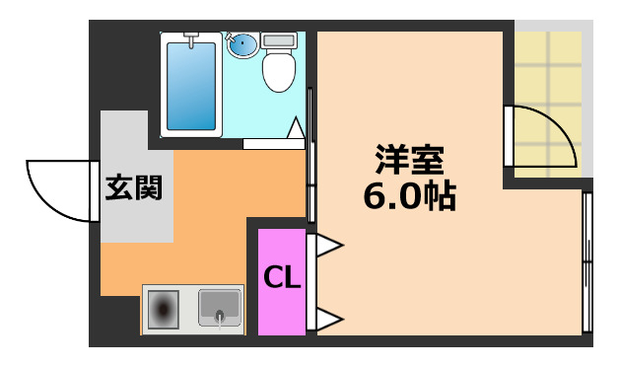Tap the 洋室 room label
[x=408, y=159]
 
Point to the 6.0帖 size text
[x=408, y=195]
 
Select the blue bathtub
[x=193, y=83]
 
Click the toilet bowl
[x=277, y=72]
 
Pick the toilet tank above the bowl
[x=279, y=41]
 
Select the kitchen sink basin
[x=220, y=309]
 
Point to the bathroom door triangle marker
[x=295, y=128]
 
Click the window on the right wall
[x=587, y=261]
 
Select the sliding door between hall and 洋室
[x=311, y=158]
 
